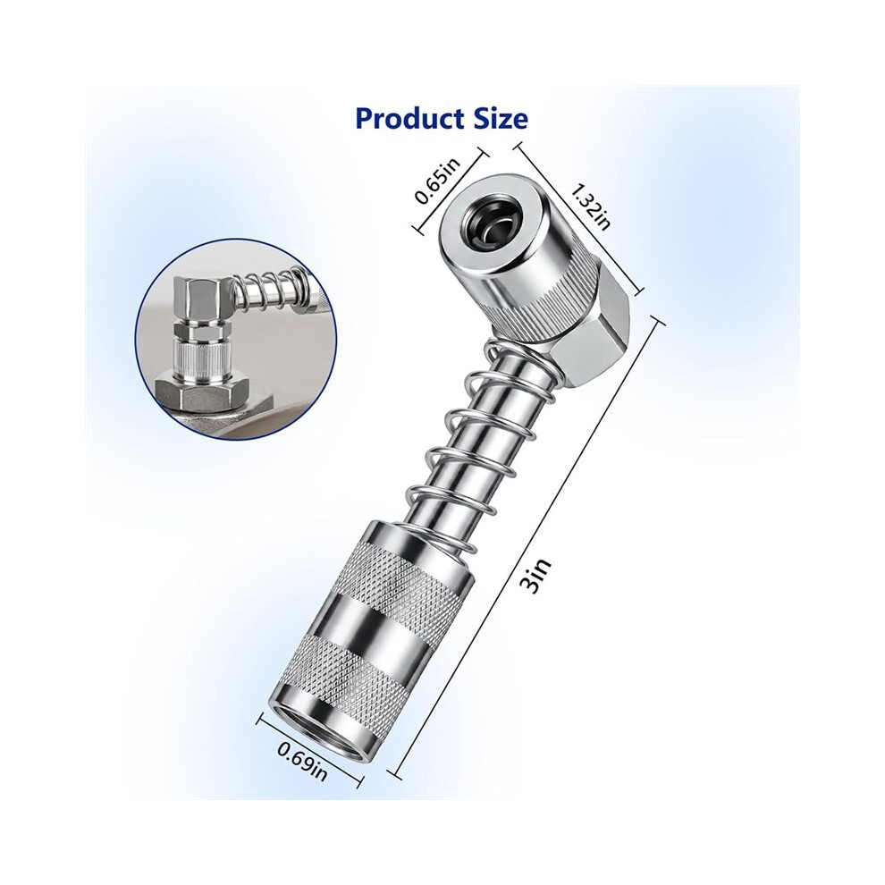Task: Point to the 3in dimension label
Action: pos(535,577)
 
